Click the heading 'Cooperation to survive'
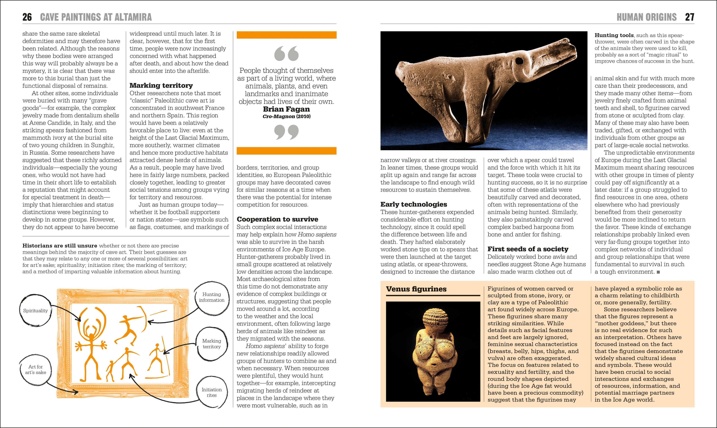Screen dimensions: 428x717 point(277,219)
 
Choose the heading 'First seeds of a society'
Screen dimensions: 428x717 point(528,249)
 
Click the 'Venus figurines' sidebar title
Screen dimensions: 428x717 point(416,289)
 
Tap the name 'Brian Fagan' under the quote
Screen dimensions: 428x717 point(286,109)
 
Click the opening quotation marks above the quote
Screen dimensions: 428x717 point(286,54)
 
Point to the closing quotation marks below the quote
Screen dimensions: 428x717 point(286,132)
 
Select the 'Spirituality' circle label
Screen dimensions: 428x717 point(35,311)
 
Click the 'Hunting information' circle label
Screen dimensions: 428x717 point(212,297)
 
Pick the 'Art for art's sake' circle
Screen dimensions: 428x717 point(35,369)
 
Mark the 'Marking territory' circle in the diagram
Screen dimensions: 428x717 point(212,344)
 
